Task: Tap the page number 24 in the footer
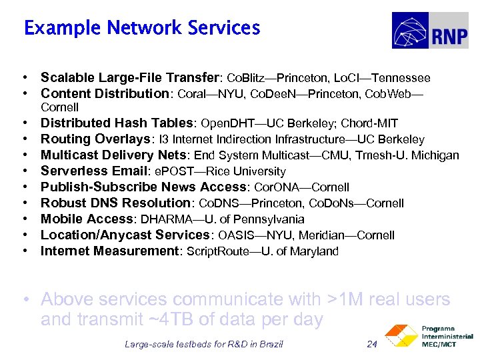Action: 372,344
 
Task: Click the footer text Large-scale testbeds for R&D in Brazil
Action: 203,344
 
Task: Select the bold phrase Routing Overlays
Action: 93,139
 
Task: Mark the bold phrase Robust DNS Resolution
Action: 115,203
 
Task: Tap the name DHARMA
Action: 163,219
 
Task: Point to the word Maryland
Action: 314,251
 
